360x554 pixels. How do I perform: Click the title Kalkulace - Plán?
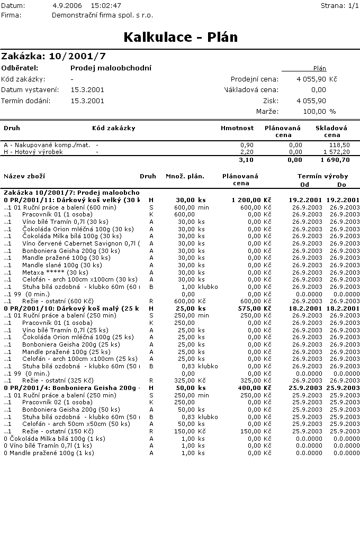tap(181, 38)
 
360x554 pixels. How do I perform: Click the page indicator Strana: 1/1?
tap(340, 5)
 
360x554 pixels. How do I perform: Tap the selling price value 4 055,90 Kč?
tap(317, 79)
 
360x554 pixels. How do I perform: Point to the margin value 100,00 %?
tap(317, 112)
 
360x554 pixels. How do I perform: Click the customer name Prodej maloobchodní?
tap(111, 68)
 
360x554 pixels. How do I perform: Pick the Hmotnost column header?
tap(237, 128)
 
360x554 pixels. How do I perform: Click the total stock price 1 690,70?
tap(336, 160)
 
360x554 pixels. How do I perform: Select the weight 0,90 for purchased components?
tap(247, 145)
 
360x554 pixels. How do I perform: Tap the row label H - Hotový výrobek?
tap(33, 152)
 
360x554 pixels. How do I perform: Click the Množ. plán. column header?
tap(185, 176)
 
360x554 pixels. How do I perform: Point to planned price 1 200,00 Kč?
tap(251, 200)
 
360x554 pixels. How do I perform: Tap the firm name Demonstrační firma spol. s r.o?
tap(103, 15)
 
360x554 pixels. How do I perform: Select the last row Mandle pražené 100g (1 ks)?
tap(49, 453)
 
